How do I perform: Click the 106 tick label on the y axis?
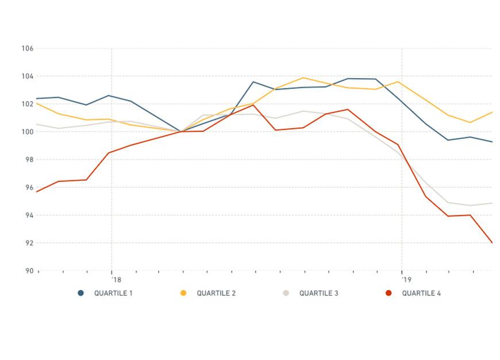[x=28, y=49]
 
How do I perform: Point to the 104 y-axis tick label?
[x=28, y=76]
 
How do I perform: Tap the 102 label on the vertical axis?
[x=28, y=104]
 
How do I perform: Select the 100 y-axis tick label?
[x=28, y=132]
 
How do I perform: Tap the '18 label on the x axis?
[x=117, y=280]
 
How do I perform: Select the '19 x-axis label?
[x=407, y=280]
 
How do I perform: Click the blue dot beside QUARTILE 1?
[x=81, y=293]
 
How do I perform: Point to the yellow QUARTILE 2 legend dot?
[x=183, y=293]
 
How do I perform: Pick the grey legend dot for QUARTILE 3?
[x=286, y=293]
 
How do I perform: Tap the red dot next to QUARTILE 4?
[x=389, y=293]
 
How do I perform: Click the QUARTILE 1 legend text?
[x=113, y=293]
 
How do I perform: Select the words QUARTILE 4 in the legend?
[x=421, y=293]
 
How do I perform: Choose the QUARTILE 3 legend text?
[x=318, y=293]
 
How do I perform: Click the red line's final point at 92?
[x=492, y=243]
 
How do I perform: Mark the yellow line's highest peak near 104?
[x=303, y=78]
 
